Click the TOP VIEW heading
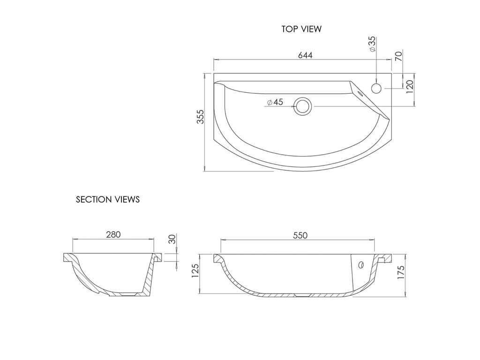[301, 29]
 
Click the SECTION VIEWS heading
[108, 199]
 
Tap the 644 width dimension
[305, 55]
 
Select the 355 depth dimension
[200, 116]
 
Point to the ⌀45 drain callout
[275, 102]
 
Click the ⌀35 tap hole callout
[372, 44]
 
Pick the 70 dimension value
[398, 56]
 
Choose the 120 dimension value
[410, 87]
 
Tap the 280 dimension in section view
[113, 234]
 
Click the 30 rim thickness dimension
[172, 239]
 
